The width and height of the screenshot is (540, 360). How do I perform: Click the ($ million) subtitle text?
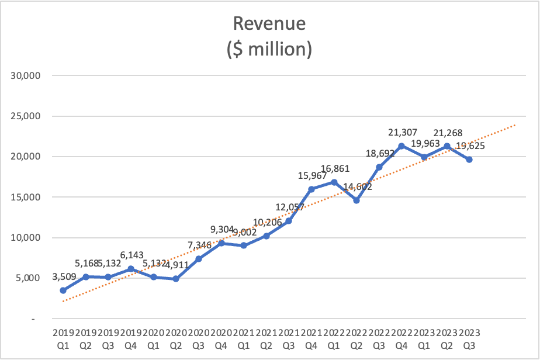tap(269, 49)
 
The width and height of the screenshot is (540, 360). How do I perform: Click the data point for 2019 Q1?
tap(63, 290)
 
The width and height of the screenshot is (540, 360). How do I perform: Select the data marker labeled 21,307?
tap(401, 146)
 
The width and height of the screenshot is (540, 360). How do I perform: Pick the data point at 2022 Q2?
tap(356, 200)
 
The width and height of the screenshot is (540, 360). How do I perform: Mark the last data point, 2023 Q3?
tap(469, 160)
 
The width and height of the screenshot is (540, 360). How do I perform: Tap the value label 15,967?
tap(311, 176)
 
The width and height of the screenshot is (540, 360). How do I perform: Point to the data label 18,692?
tap(378, 154)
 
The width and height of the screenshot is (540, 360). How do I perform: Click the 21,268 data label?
tap(446, 133)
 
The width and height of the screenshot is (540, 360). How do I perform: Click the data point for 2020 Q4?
tap(221, 243)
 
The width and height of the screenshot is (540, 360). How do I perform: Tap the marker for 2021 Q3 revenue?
tap(288, 220)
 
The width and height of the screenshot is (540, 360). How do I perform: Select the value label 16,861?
tap(334, 169)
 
